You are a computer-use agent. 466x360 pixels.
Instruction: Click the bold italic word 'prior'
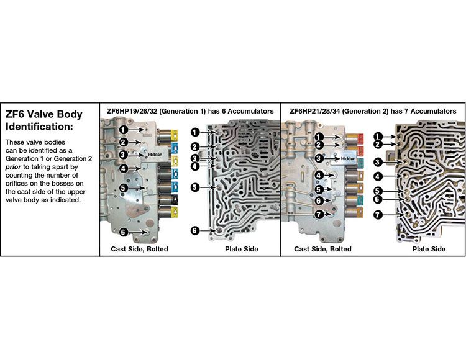(x=13, y=167)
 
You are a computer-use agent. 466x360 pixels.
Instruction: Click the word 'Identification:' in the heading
(x=39, y=127)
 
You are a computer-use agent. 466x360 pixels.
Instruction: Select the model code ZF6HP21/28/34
(x=315, y=111)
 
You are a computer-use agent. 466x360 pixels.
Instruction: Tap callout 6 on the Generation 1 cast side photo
(x=123, y=232)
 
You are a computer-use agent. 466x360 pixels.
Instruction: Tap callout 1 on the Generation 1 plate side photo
(x=195, y=132)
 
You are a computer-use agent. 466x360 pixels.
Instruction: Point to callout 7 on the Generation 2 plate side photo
(x=377, y=215)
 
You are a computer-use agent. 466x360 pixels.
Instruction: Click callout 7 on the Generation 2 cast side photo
(x=319, y=214)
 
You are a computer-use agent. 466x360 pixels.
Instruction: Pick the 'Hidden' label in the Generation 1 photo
(x=155, y=155)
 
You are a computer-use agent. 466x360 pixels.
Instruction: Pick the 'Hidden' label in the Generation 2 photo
(x=348, y=159)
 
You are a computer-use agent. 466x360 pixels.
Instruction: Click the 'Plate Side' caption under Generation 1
(x=241, y=249)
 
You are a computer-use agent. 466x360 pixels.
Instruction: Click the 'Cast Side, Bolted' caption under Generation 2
(x=322, y=249)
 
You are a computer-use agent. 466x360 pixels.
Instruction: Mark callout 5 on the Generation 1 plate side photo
(x=194, y=187)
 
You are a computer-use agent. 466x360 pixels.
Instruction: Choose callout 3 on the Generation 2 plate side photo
(x=377, y=163)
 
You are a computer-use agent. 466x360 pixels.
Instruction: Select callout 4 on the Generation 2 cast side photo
(x=319, y=175)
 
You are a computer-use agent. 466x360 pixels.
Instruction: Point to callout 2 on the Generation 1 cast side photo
(x=124, y=142)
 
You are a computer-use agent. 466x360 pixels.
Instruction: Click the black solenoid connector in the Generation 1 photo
(x=175, y=201)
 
